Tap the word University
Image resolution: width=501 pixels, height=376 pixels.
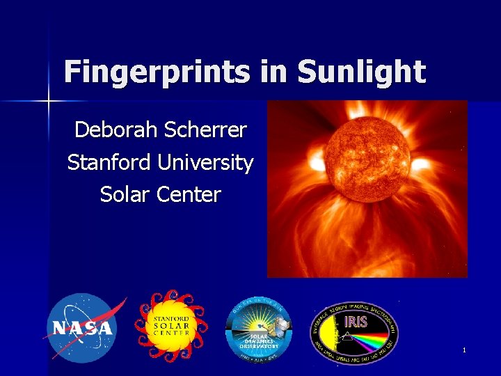click(205, 162)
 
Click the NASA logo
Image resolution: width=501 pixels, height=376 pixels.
click(81, 328)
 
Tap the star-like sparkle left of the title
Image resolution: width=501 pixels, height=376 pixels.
click(49, 102)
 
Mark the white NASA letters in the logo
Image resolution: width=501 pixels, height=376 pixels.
click(80, 329)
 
